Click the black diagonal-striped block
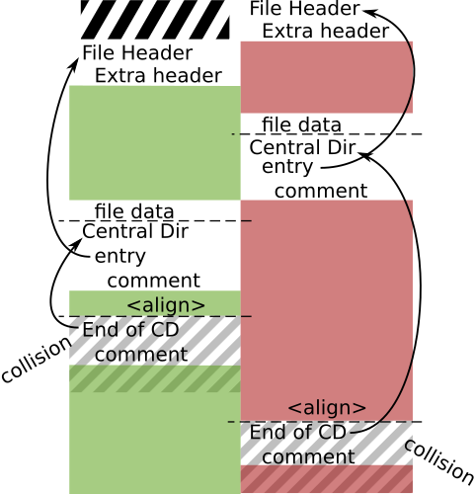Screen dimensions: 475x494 155,20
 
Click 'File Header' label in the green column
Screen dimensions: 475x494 137,52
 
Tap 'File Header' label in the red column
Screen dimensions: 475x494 305,8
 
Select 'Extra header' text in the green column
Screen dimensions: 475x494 158,75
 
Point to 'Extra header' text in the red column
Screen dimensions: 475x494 326,31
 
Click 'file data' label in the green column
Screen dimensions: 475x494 134,211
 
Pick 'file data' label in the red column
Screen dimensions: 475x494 301,124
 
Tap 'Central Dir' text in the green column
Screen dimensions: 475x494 135,231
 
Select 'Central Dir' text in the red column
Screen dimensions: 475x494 302,147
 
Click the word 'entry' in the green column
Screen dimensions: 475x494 120,256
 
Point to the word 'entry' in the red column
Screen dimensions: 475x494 287,167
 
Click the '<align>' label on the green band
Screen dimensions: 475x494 166,305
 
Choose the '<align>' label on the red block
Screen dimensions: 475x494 327,408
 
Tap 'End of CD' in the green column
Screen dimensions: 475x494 130,330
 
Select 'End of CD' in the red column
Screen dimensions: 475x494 298,432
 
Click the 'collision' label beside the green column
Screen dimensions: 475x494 37,360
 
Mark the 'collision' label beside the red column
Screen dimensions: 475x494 439,461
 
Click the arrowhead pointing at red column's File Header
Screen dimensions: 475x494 368,12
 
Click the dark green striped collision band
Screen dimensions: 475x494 155,378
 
